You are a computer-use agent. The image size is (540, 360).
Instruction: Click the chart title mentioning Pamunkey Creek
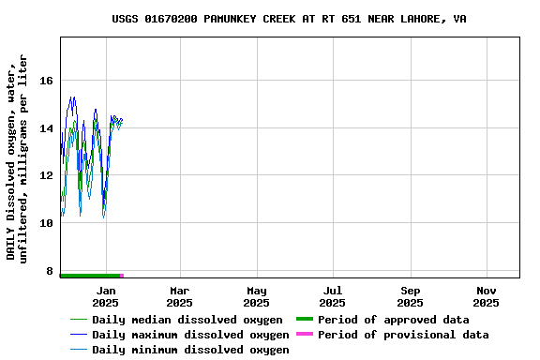point(289,19)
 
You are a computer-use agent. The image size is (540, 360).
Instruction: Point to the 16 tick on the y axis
point(46,81)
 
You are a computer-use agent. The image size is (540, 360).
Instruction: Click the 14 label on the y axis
point(46,128)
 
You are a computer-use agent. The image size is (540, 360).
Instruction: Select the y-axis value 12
point(46,175)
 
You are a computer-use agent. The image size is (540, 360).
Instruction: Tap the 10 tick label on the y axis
point(46,223)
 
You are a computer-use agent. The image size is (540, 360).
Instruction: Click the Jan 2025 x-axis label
point(106,296)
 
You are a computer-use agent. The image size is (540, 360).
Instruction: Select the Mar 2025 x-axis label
point(179,296)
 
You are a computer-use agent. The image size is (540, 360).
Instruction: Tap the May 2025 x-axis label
point(256,296)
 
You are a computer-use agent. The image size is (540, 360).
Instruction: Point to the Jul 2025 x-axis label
point(332,296)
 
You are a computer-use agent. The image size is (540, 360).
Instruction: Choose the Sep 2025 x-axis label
point(410,296)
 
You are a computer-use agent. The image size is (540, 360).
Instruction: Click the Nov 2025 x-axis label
point(486,296)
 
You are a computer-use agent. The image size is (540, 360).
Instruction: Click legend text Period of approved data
point(393,320)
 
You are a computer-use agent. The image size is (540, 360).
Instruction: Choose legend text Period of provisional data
point(403,335)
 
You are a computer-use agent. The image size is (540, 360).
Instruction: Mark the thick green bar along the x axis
point(90,276)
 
